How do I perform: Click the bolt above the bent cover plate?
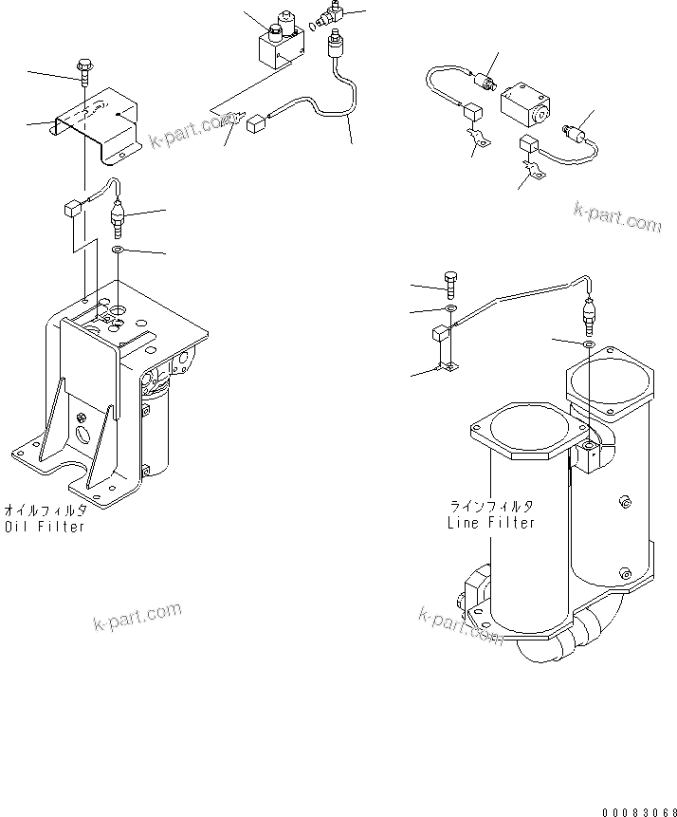pyautogui.click(x=84, y=69)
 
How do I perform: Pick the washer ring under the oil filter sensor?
pyautogui.click(x=117, y=249)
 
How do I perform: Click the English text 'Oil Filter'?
pyautogui.click(x=45, y=526)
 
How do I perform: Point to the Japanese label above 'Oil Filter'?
pyautogui.click(x=45, y=510)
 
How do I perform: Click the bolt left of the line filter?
pyautogui.click(x=450, y=282)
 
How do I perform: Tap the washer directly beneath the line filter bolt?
pyautogui.click(x=451, y=309)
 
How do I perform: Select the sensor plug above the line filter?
pyautogui.click(x=589, y=314)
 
